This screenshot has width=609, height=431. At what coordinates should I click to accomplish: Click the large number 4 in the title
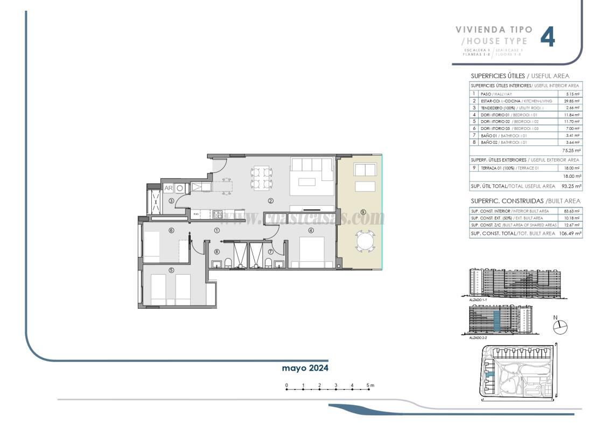coord(548,37)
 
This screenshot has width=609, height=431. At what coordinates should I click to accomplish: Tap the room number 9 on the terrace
coord(363,212)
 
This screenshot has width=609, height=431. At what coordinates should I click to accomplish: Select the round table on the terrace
coord(365,241)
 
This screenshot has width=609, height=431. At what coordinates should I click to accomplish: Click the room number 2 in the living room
coord(271,201)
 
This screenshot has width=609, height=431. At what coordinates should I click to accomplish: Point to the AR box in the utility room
coord(168,188)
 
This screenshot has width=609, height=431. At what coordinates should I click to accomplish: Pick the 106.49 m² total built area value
coord(570,233)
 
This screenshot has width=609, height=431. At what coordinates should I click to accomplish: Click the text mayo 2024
coord(305,368)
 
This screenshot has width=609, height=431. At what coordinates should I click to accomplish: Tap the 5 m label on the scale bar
coord(370,385)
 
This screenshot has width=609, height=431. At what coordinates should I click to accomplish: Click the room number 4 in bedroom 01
coord(311,231)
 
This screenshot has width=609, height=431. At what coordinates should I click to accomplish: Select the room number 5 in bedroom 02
coord(171,270)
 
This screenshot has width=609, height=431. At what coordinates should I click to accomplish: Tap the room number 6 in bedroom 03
coord(171,231)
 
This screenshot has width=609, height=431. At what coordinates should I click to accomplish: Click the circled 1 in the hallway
coord(217,230)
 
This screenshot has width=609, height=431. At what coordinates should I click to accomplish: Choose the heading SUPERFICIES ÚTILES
coord(495,76)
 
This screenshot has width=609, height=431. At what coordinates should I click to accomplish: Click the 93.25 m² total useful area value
coord(571,186)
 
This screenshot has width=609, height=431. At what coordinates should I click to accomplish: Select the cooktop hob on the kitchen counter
coord(218,214)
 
